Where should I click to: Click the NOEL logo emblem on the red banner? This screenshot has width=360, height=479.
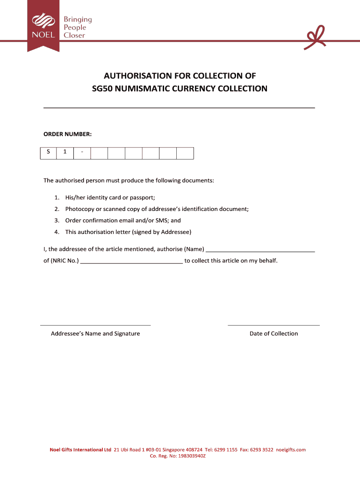coord(43,22)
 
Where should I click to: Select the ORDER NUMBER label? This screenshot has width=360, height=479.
coord(68,135)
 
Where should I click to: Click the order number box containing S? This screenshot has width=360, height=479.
coord(48,153)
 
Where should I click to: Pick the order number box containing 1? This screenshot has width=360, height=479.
coord(65,153)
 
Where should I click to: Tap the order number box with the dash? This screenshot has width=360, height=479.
coord(82,153)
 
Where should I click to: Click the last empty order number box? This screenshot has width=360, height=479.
coord(185,153)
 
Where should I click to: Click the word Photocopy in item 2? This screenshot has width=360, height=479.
coord(80,209)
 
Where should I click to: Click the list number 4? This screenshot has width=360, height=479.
coord(56,232)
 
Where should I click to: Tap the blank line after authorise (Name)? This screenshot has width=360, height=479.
coord(260,251)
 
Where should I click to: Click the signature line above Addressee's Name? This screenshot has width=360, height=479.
coord(95,325)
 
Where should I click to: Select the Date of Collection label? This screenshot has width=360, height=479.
coord(274,334)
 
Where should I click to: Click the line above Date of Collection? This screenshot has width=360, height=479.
coord(274,325)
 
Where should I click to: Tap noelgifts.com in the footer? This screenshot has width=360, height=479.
coord(291,450)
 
